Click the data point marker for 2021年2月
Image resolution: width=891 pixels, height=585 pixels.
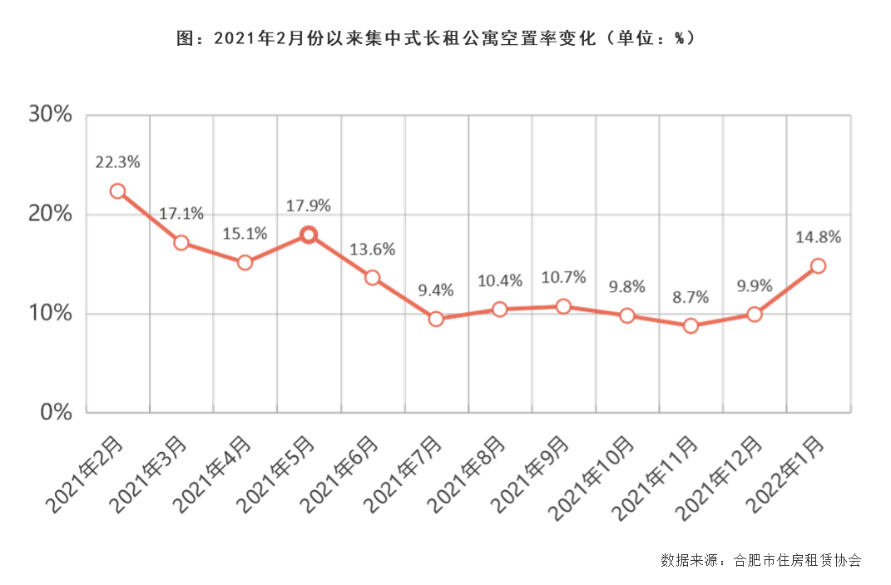tap(117, 191)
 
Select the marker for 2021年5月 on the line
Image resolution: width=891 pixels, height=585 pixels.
tap(309, 235)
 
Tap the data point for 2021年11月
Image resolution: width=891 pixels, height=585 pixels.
tap(691, 325)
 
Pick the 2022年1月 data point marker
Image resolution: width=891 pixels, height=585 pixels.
tap(818, 265)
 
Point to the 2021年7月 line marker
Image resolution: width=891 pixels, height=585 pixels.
tap(436, 319)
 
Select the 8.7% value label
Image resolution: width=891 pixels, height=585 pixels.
tap(691, 296)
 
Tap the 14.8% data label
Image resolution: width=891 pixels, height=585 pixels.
tap(818, 237)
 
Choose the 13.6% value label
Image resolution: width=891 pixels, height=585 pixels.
tap(373, 249)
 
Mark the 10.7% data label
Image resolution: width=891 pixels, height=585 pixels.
tap(563, 277)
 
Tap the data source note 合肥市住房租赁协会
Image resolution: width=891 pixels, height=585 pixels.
tap(796, 560)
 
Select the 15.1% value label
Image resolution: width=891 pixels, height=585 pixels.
tap(245, 234)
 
